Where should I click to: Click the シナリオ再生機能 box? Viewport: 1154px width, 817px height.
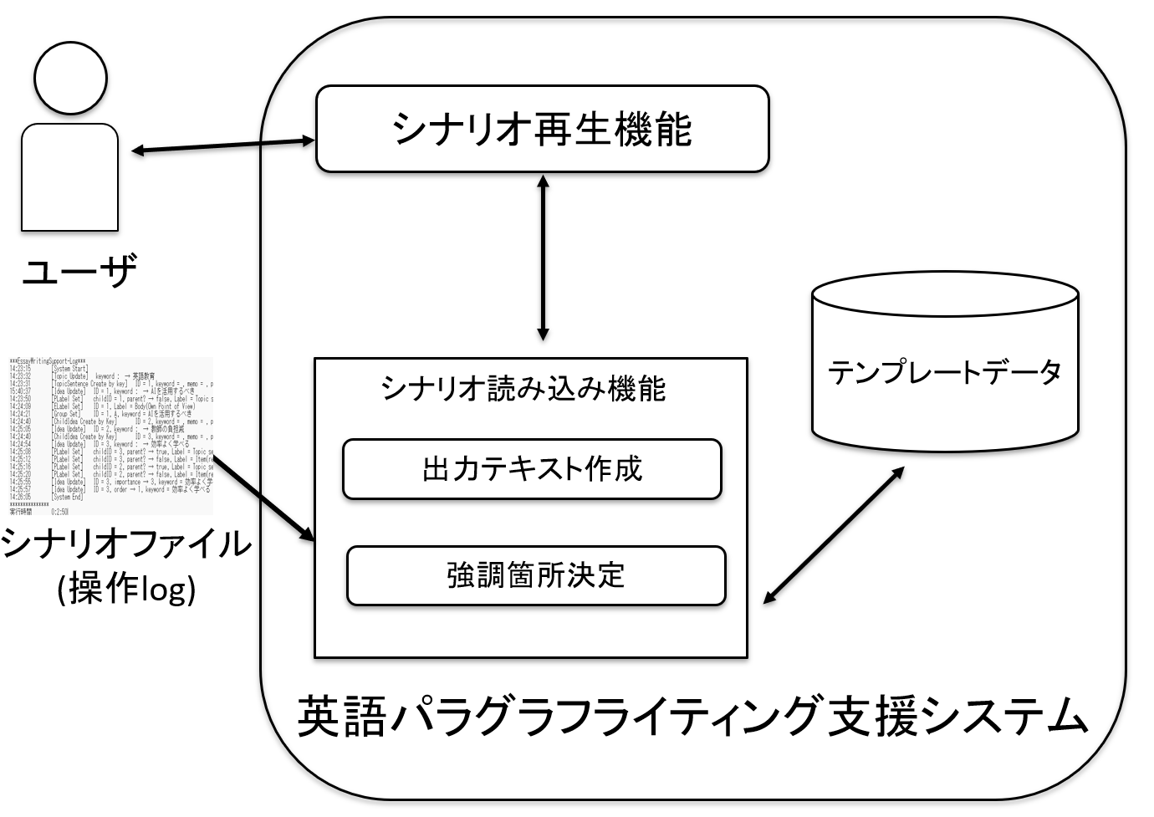click(x=542, y=130)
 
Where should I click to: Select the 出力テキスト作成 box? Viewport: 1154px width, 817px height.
click(x=532, y=469)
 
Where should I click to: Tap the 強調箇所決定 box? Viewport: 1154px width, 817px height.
click(x=536, y=575)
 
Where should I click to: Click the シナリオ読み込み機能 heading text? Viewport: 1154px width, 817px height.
click(x=523, y=389)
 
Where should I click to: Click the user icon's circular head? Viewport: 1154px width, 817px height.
click(x=70, y=78)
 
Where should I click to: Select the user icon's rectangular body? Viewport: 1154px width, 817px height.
click(x=69, y=176)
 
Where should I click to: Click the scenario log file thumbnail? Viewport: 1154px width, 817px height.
click(x=110, y=435)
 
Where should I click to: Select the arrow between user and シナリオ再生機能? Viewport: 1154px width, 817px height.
click(x=223, y=146)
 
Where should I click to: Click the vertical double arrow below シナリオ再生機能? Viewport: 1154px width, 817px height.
click(x=544, y=257)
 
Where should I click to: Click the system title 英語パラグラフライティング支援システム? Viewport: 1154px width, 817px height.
click(x=693, y=717)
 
